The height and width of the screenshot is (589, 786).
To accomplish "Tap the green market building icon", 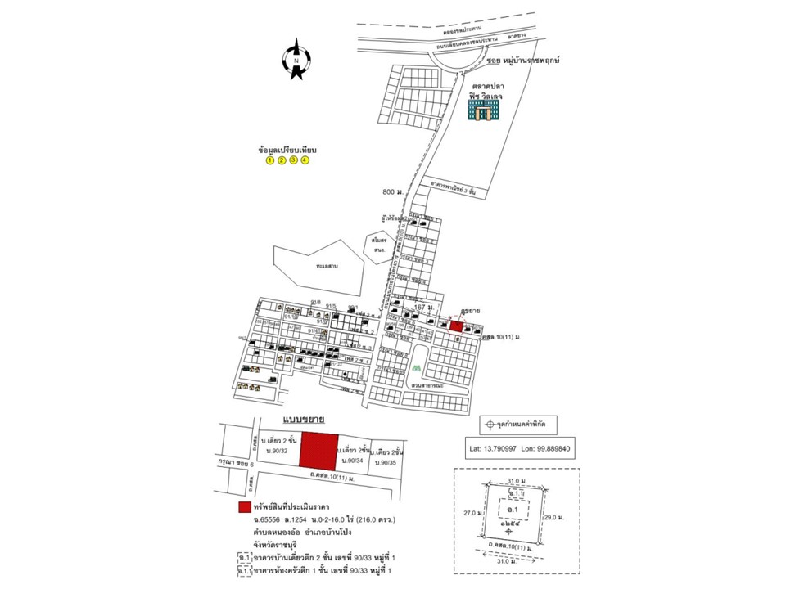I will coord(483,110).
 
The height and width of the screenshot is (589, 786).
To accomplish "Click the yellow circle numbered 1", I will coord(269,160).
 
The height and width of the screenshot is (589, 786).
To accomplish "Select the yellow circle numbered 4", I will coord(305,160).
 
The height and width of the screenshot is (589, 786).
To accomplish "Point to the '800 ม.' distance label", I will coord(394,192).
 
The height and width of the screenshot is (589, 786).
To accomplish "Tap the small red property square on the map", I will coord(456,326).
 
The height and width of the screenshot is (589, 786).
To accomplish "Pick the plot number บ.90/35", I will coord(386,463).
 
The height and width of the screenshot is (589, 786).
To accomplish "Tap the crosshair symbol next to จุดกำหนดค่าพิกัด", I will coord(490,425).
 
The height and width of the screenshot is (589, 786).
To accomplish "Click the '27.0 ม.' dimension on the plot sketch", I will coord(470,514).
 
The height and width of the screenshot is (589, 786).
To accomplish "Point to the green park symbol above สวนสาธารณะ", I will coord(418,369).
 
